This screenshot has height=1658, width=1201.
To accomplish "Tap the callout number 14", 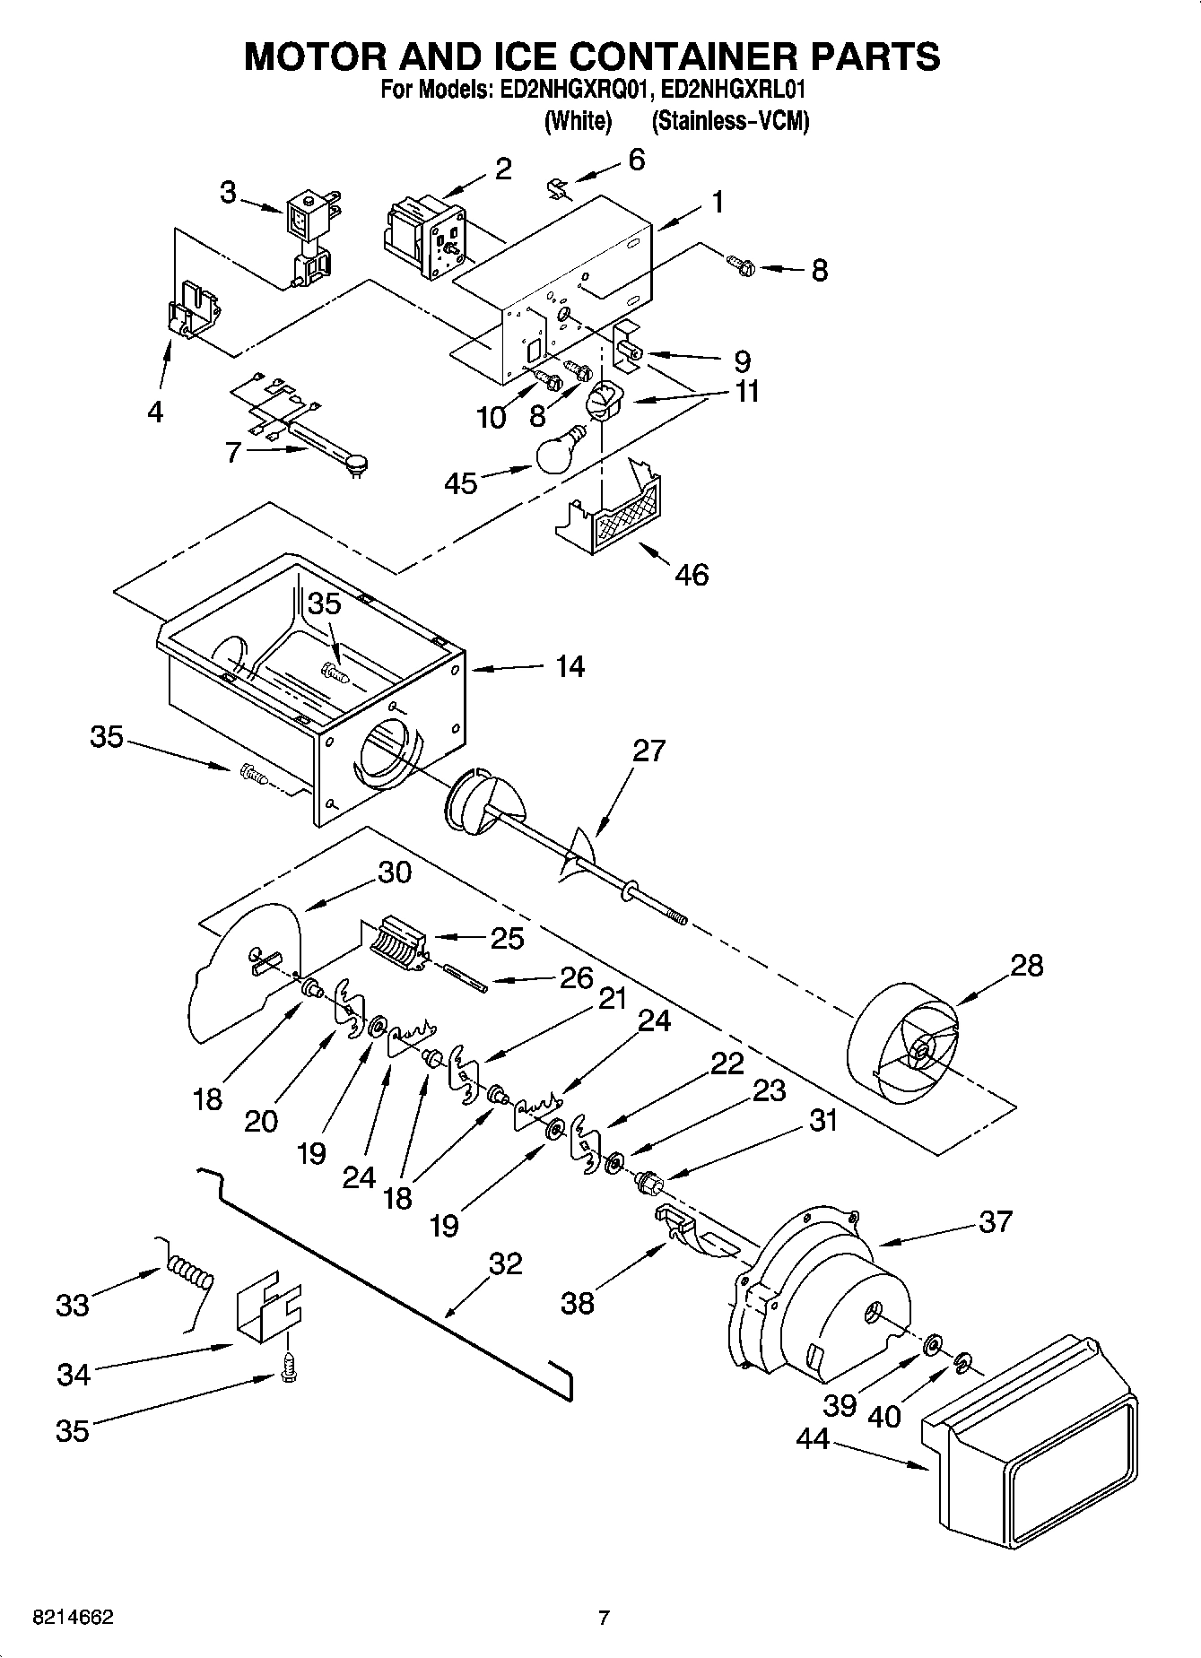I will [570, 666].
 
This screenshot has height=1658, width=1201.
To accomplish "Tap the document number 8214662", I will [73, 1619].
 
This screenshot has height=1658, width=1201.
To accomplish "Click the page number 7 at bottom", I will [604, 1619].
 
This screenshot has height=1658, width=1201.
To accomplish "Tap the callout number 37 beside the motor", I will [996, 1221].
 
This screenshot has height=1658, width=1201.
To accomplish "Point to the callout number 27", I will [648, 750].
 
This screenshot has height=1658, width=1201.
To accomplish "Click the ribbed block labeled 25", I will [395, 946].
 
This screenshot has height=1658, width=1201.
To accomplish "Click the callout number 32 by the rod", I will [505, 1263].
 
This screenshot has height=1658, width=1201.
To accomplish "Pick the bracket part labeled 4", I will [194, 310].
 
